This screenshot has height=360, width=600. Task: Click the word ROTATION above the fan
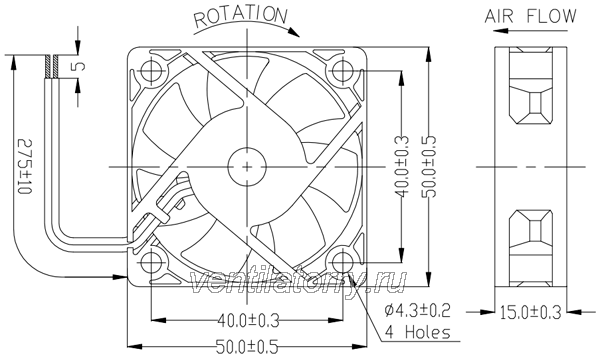point(240,16)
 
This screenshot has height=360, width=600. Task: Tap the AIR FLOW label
point(530,16)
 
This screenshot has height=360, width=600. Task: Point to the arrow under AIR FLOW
point(531,30)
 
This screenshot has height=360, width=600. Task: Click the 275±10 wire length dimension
point(25,166)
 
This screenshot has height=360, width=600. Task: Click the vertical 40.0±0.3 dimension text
point(402,166)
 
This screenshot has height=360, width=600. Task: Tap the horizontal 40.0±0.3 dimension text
point(248,321)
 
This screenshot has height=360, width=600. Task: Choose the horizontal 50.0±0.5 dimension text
point(247,347)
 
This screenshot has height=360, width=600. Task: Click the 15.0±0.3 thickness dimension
point(531,312)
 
